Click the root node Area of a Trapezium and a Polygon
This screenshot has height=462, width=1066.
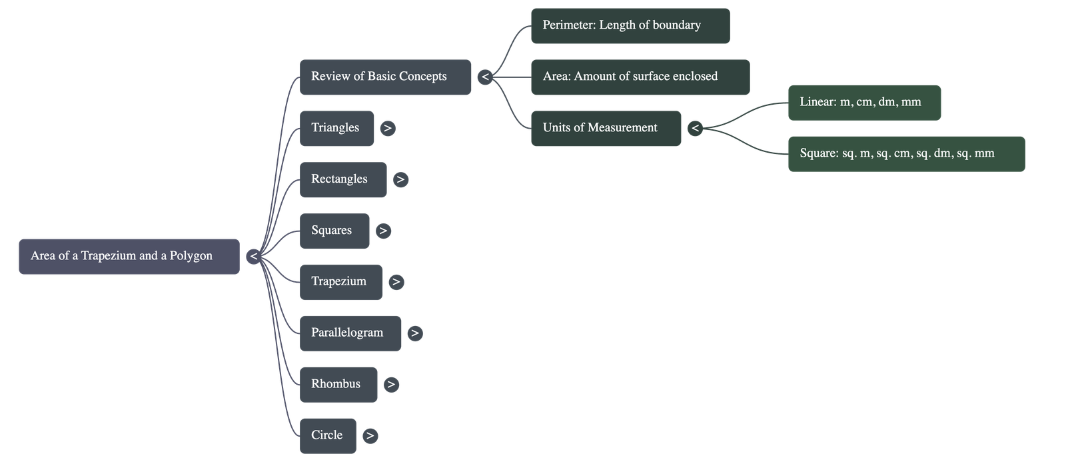[x=129, y=256]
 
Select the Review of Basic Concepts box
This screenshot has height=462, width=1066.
[x=385, y=77]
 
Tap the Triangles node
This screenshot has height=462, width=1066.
[x=336, y=128]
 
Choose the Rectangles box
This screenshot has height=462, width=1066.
[x=342, y=179]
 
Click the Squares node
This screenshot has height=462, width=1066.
[x=334, y=231]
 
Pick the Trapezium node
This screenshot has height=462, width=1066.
[x=340, y=282]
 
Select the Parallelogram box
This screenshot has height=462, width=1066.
[x=350, y=333]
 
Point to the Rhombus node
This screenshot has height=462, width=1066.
[x=338, y=384]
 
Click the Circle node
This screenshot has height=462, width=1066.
[x=327, y=435]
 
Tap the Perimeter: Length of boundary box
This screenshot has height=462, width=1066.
[x=630, y=26]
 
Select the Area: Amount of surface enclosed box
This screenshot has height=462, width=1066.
[x=640, y=77]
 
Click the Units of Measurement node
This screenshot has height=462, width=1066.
[x=606, y=128]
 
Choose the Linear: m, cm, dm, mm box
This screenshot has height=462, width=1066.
[x=864, y=102]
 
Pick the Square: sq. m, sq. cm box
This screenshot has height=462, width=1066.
[x=905, y=153]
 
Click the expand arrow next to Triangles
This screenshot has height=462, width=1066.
[x=388, y=128]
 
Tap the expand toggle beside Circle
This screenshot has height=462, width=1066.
[x=370, y=436]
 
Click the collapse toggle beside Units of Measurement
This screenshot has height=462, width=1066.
[x=695, y=128]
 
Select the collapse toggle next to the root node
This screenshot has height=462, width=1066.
[x=253, y=256]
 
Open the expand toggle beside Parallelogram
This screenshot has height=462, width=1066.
[x=414, y=333]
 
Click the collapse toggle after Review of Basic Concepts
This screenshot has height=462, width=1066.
[x=485, y=77]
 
